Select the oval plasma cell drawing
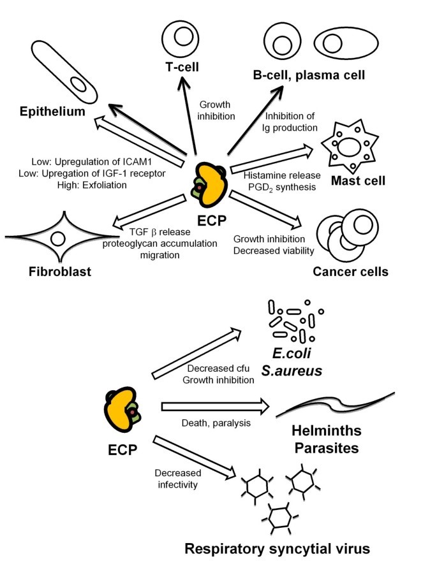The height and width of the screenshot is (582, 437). click(x=341, y=43)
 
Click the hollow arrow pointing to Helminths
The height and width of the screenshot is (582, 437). click(x=214, y=406)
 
